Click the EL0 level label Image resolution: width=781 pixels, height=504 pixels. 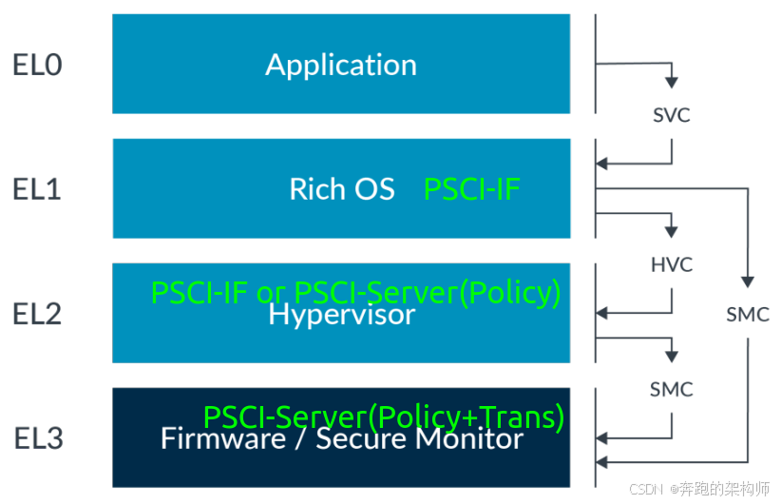37,65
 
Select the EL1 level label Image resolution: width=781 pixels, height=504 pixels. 37,189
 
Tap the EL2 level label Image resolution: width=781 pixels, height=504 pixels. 37,314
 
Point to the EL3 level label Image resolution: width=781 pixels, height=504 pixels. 38,438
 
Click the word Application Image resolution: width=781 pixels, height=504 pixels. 341,66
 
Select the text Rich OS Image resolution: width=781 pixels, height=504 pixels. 342,189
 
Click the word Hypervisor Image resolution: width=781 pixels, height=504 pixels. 342,315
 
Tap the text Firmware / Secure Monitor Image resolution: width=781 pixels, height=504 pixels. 342,438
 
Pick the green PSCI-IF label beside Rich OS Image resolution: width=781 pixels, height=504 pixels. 471,189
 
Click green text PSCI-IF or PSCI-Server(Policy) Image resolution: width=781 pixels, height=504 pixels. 355,293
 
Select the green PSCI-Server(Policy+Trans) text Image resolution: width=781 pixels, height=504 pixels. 384,417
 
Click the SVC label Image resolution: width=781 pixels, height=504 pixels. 672,115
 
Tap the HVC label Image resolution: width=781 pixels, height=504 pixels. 672,264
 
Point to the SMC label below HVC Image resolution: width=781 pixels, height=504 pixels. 672,389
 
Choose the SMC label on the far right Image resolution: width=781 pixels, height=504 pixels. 748,315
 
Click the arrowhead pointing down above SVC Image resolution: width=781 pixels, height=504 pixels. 672,83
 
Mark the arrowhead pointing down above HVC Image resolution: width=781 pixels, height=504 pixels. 672,232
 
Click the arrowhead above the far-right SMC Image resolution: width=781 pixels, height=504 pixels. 748,281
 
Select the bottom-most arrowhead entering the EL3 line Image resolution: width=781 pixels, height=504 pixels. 601,462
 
